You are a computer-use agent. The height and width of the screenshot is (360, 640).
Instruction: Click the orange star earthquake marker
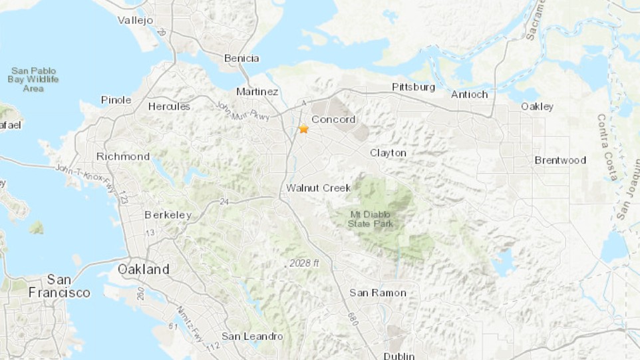click(303, 128)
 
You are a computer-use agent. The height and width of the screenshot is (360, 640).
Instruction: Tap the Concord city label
click(333, 120)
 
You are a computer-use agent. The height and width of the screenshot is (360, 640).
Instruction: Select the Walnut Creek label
click(318, 188)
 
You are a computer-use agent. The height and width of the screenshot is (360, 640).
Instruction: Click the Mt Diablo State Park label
click(371, 219)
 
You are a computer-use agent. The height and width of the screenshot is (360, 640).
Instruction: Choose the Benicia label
click(241, 59)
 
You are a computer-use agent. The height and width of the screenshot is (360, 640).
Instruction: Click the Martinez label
click(257, 91)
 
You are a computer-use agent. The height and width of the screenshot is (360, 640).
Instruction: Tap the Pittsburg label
click(413, 87)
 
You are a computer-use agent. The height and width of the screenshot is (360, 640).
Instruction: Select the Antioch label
click(469, 94)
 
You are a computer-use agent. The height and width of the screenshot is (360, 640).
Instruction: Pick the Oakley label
click(537, 106)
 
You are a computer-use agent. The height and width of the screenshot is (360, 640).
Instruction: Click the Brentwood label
click(560, 160)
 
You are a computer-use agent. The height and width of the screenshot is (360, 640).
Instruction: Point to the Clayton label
click(388, 153)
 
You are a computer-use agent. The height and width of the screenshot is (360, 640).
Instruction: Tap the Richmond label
click(123, 156)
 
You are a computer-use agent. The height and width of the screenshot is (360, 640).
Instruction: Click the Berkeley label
click(168, 215)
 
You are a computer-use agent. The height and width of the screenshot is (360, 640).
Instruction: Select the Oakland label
click(143, 270)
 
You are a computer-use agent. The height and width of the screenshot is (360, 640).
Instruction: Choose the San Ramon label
click(378, 293)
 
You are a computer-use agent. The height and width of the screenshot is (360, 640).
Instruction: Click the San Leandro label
click(252, 336)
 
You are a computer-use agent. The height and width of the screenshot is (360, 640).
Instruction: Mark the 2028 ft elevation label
click(304, 264)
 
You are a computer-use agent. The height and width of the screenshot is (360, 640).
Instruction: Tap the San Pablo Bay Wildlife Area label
click(33, 80)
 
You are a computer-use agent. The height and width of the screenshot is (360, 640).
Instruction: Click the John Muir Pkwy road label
click(242, 111)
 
